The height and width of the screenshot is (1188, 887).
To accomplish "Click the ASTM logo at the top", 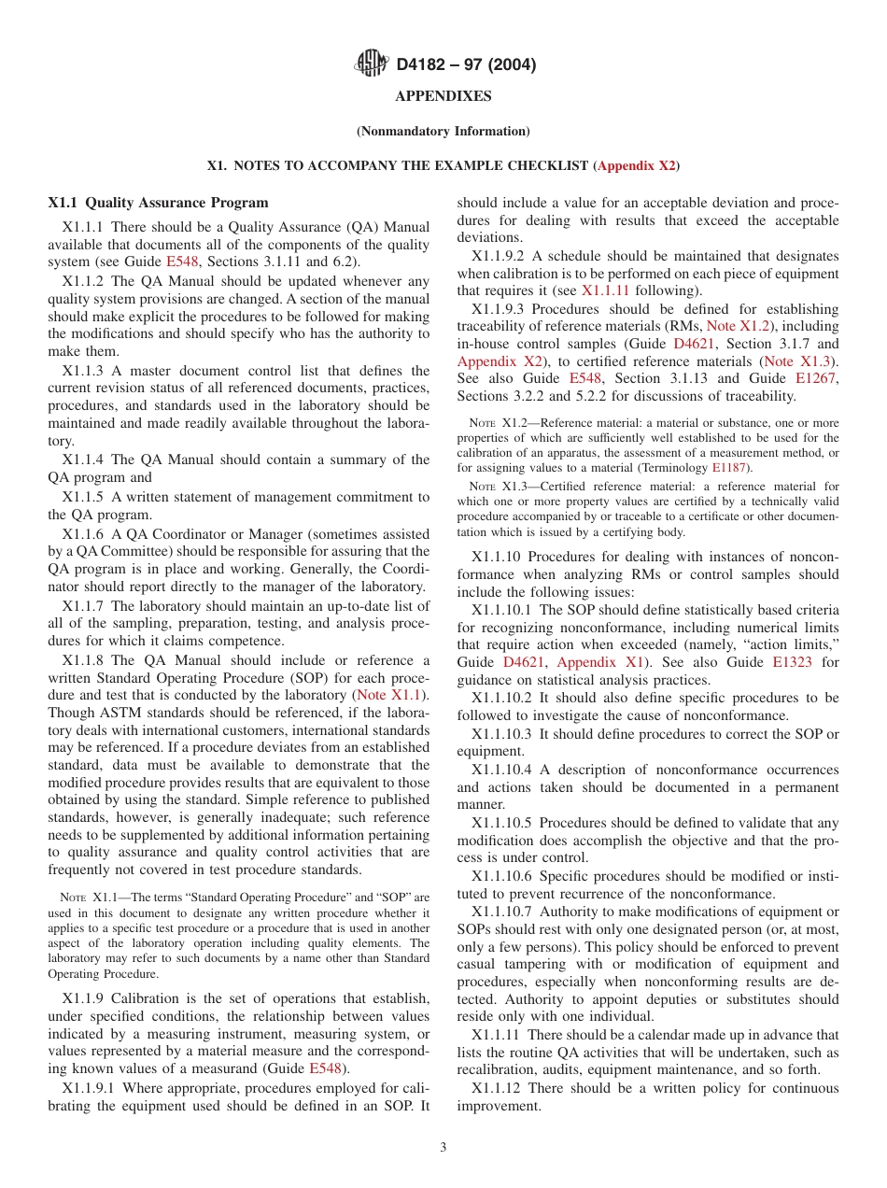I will (373, 64).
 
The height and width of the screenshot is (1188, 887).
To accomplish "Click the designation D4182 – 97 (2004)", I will (466, 65).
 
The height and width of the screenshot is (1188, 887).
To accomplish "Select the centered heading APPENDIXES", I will (443, 96).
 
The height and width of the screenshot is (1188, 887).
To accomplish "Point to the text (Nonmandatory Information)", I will (443, 131).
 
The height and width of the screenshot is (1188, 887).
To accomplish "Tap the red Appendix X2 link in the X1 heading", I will (636, 165).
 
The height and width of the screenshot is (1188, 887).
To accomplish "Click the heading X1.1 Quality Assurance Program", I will (158, 203).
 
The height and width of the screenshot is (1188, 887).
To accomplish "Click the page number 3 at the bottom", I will (443, 1147).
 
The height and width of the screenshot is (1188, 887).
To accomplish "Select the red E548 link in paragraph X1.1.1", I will (182, 262).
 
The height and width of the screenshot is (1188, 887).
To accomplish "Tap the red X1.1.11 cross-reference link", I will (605, 290).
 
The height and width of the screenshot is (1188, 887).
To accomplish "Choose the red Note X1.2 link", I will (734, 326).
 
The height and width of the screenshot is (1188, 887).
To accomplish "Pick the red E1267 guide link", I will (816, 378).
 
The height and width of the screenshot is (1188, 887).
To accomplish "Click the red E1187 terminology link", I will (729, 467).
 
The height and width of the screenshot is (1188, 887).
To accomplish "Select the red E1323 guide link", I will (792, 662).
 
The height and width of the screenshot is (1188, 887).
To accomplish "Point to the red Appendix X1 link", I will (586, 662).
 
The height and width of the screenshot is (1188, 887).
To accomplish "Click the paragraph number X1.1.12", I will (500, 1088).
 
